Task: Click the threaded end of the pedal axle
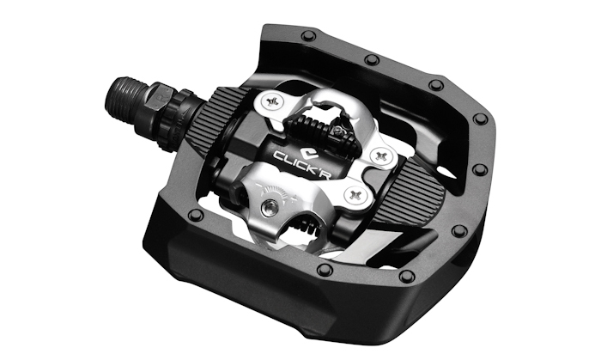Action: pos(126,99)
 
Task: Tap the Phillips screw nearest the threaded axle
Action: pos(273,101)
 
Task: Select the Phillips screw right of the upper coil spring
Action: pos(381,156)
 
